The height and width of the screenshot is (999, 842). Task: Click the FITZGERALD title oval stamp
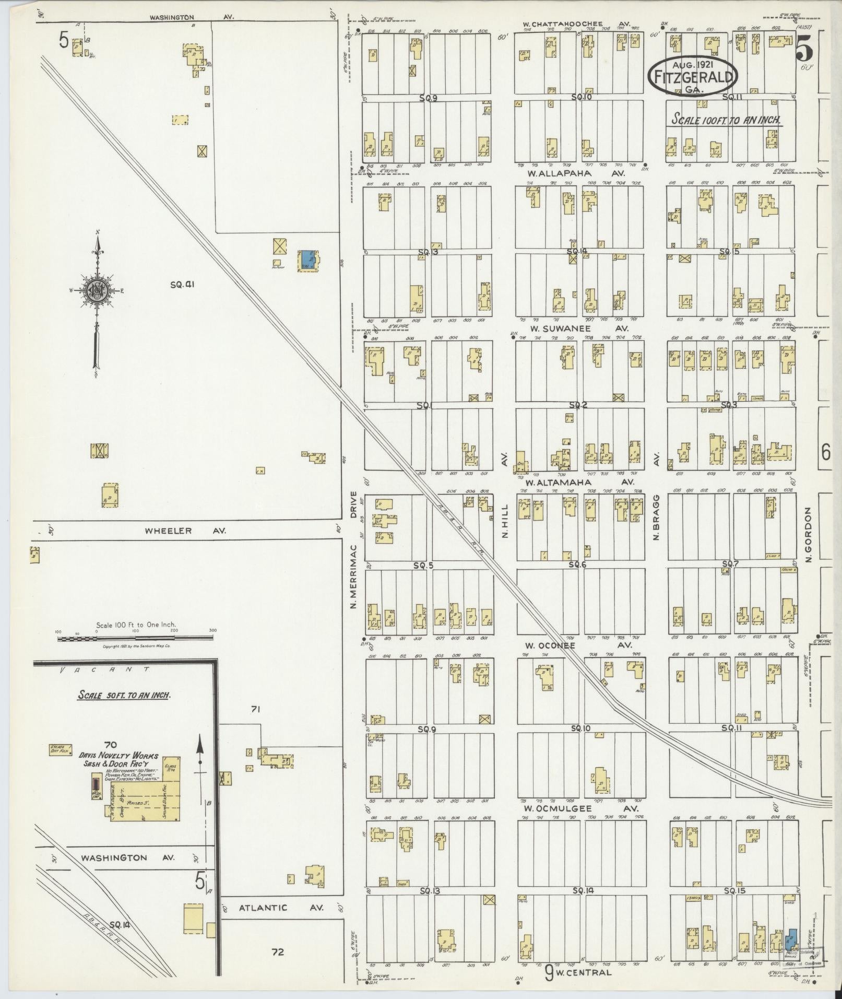click(x=693, y=77)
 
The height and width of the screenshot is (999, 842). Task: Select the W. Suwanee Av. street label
click(x=579, y=328)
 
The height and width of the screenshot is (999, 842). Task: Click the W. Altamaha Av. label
click(x=579, y=482)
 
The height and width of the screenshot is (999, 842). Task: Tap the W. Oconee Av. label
click(x=578, y=645)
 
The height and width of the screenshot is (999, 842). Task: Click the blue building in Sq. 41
click(x=305, y=260)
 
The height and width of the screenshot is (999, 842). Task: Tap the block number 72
click(x=278, y=952)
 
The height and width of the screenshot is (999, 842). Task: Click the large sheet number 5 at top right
click(x=804, y=52)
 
